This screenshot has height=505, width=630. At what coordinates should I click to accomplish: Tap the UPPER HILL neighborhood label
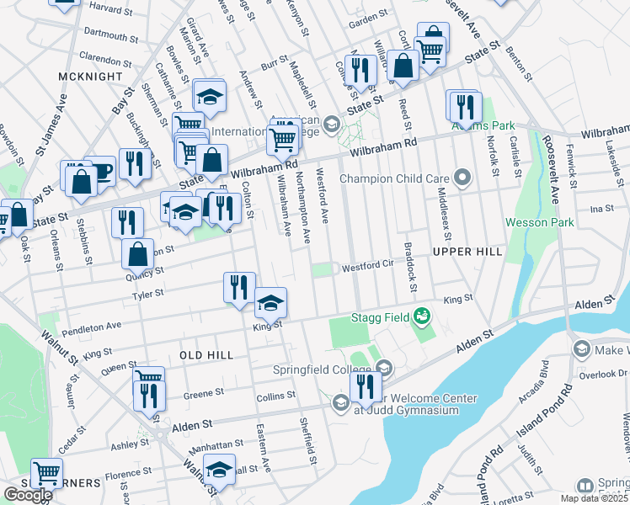point(467,252)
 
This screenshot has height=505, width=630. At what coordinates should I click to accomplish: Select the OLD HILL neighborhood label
point(206,356)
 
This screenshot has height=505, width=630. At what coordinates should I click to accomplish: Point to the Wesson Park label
point(539,223)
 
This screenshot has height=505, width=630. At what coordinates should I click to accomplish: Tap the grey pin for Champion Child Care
point(462,178)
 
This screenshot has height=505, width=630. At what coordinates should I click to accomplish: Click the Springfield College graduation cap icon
point(384,368)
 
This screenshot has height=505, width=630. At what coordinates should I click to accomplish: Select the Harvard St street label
point(113,7)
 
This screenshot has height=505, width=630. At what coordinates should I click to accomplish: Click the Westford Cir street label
point(366,268)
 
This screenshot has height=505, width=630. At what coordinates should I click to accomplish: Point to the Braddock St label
point(410,268)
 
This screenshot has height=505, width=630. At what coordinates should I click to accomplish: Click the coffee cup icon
point(101,171)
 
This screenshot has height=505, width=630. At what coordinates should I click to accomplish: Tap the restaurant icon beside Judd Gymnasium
point(365,386)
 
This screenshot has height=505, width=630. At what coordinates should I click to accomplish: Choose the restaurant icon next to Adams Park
point(464,107)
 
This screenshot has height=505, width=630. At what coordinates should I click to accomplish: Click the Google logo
point(27,494)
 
